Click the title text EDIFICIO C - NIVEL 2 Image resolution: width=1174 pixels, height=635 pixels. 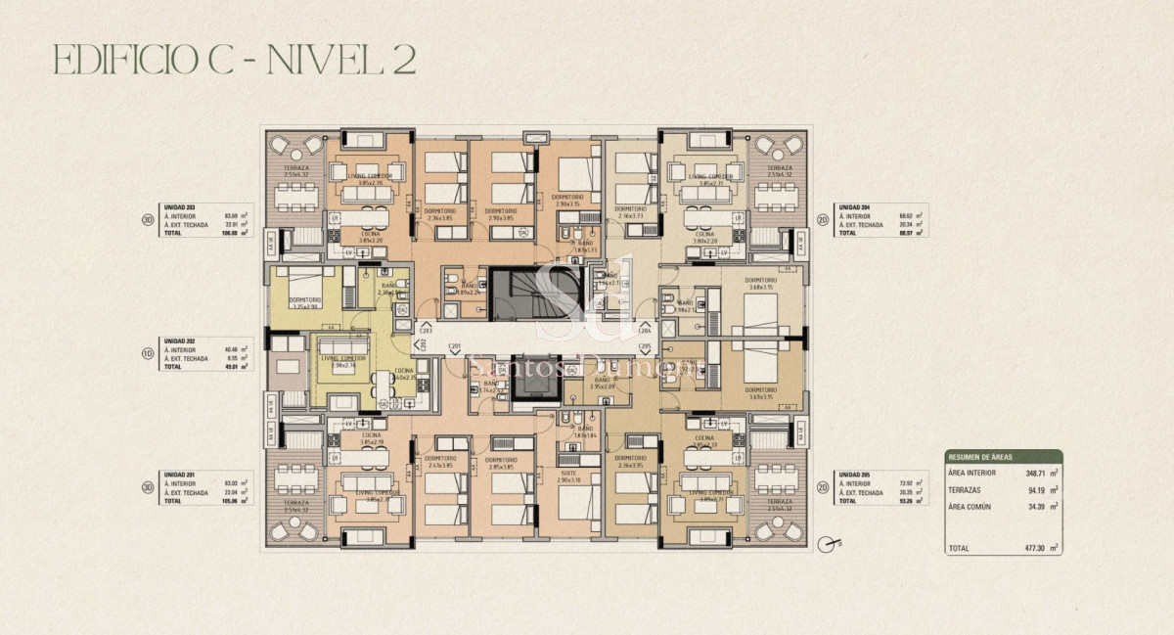pyautogui.click(x=235, y=60)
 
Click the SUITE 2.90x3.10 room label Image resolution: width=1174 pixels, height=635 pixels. pyautogui.click(x=567, y=476)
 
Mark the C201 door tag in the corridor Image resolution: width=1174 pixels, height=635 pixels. pyautogui.click(x=454, y=345)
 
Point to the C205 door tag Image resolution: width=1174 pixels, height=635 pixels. pyautogui.click(x=645, y=345)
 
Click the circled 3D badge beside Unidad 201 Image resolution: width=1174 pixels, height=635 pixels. pyautogui.click(x=147, y=486)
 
